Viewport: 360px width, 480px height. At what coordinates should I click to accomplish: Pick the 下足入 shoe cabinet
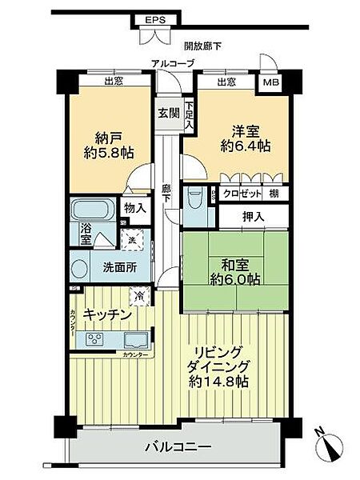point(190,115)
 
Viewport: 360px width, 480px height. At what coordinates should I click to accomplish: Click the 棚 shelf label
point(274,193)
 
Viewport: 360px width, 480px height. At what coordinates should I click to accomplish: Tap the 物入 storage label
point(135,208)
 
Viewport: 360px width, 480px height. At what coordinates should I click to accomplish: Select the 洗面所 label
point(118,267)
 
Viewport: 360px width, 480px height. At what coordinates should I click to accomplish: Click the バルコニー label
point(180,446)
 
